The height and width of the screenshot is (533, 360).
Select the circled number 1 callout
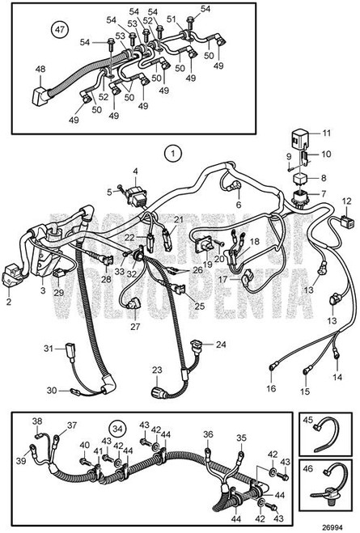(x=171, y=152)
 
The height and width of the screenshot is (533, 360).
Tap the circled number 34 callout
(x=119, y=428)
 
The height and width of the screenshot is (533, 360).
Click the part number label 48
(x=40, y=70)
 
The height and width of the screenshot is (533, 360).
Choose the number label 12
(x=347, y=200)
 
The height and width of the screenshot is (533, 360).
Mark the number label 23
(x=156, y=370)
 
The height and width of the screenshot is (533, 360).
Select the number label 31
(x=48, y=349)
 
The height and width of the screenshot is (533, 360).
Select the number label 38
(x=36, y=421)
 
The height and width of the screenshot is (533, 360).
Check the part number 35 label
(x=240, y=438)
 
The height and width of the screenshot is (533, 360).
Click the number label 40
(x=85, y=445)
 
